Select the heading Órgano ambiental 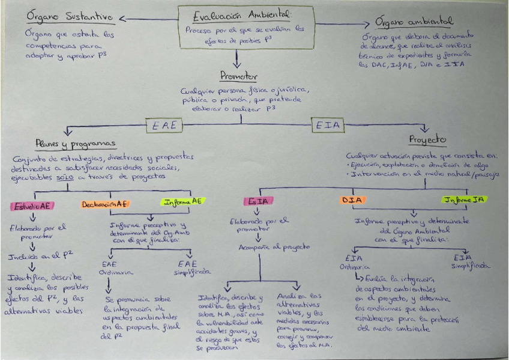pos(414,22)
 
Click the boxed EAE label pos(164,125)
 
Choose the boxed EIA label pos(328,125)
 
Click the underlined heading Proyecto pos(427,139)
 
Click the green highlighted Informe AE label pos(183,202)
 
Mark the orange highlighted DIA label pos(353,200)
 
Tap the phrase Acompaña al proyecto pos(265,247)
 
